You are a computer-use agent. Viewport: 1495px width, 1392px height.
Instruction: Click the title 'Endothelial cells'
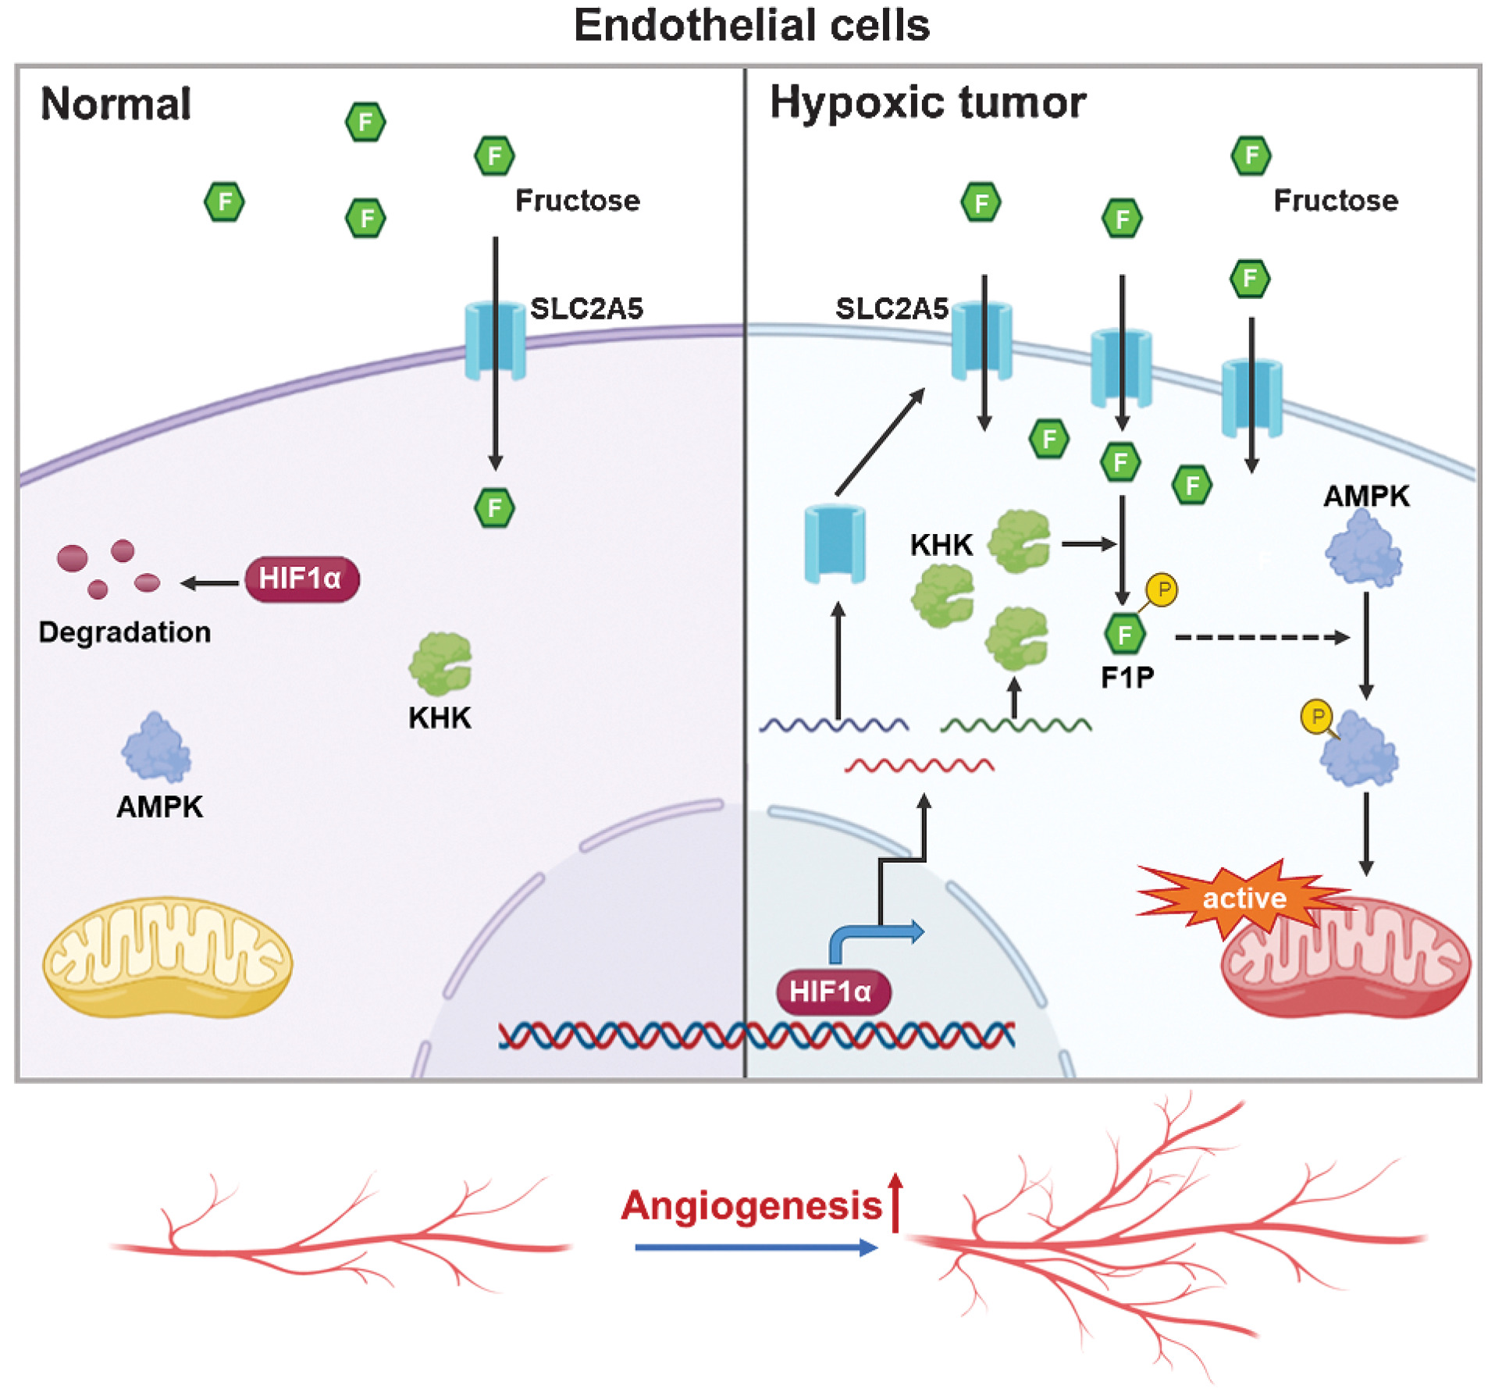point(751,26)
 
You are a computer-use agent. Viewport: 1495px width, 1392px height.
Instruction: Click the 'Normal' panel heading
point(116,104)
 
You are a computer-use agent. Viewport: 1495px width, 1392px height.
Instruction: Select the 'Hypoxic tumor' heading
point(927,102)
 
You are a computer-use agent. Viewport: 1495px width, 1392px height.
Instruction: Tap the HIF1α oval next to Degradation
point(301,579)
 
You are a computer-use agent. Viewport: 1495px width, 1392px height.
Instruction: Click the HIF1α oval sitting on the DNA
point(833,991)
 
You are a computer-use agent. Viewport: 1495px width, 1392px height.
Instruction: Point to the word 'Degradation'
point(125,632)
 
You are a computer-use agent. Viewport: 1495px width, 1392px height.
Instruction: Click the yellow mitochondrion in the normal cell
point(167,957)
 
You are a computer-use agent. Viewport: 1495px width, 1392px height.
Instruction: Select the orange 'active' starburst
point(1243,898)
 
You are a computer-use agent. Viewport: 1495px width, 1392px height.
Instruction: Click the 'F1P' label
point(1127,678)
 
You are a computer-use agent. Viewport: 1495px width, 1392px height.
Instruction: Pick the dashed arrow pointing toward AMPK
point(1261,638)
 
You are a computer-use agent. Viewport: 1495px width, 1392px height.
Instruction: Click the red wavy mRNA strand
point(919,765)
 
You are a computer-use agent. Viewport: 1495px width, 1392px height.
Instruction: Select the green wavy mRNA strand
point(1015,726)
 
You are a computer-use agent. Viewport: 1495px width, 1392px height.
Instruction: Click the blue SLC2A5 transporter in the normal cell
point(495,341)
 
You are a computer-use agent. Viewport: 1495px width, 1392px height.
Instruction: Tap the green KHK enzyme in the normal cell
point(440,664)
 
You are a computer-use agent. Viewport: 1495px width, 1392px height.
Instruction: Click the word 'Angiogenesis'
point(751,1206)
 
